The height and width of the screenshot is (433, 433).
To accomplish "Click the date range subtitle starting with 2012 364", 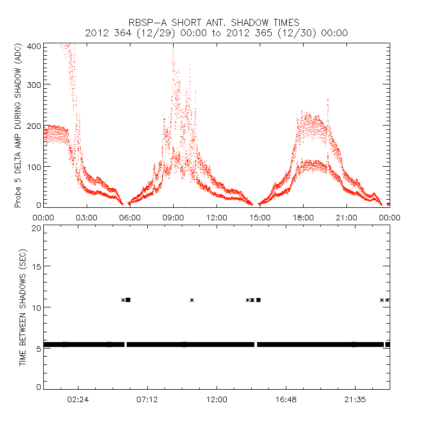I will pyautogui.click(x=216, y=33).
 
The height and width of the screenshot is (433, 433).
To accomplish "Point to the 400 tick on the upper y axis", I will pyautogui.click(x=34, y=47).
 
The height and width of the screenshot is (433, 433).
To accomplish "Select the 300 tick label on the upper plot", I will pyautogui.click(x=34, y=85).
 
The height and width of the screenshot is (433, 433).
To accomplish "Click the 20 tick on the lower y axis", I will pyautogui.click(x=36, y=228).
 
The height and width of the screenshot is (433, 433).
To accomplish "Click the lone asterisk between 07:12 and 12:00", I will pyautogui.click(x=192, y=300).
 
